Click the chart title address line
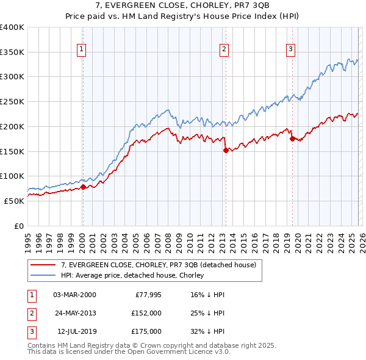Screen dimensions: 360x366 183,5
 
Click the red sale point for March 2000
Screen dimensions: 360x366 84,187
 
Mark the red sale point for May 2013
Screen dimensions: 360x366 226,150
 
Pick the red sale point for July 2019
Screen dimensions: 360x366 292,139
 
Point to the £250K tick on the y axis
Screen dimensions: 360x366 12,102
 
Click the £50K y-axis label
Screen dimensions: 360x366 14,201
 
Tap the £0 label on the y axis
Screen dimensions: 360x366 19,226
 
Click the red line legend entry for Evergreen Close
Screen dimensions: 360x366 162,265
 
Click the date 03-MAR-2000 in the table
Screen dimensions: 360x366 74,295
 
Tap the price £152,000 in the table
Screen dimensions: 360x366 145,313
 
